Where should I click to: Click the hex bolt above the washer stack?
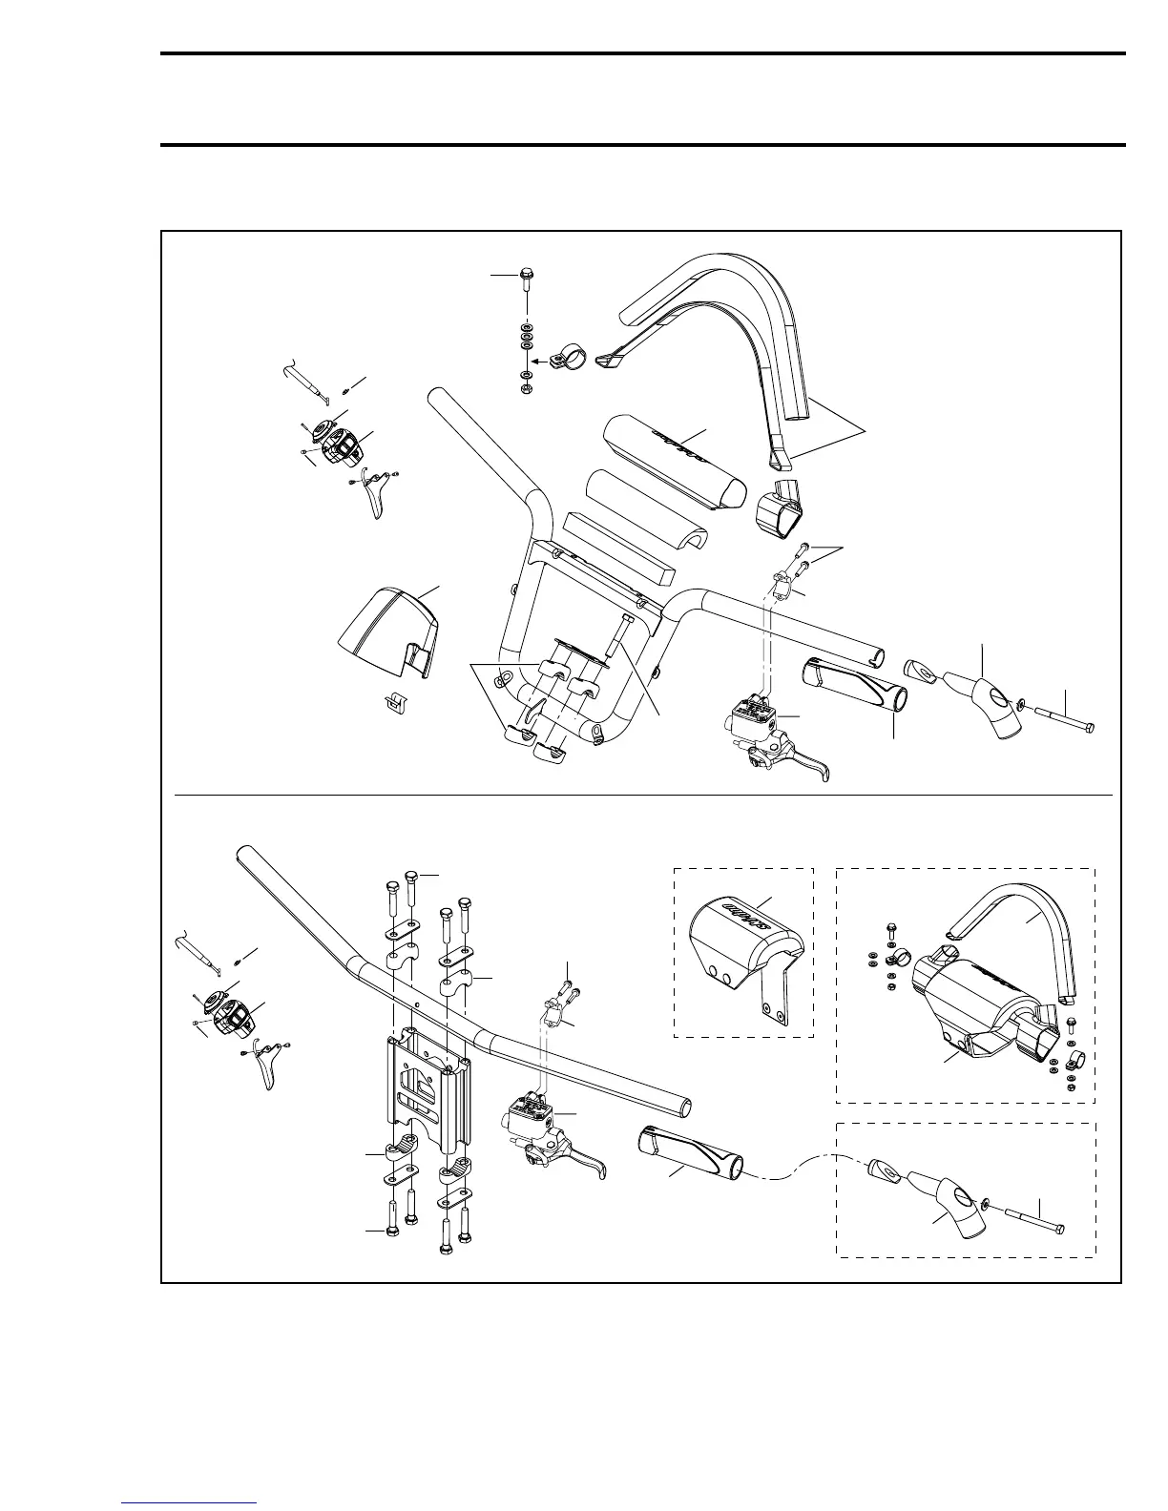pos(526,279)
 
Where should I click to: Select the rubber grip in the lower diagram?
pos(690,1154)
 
